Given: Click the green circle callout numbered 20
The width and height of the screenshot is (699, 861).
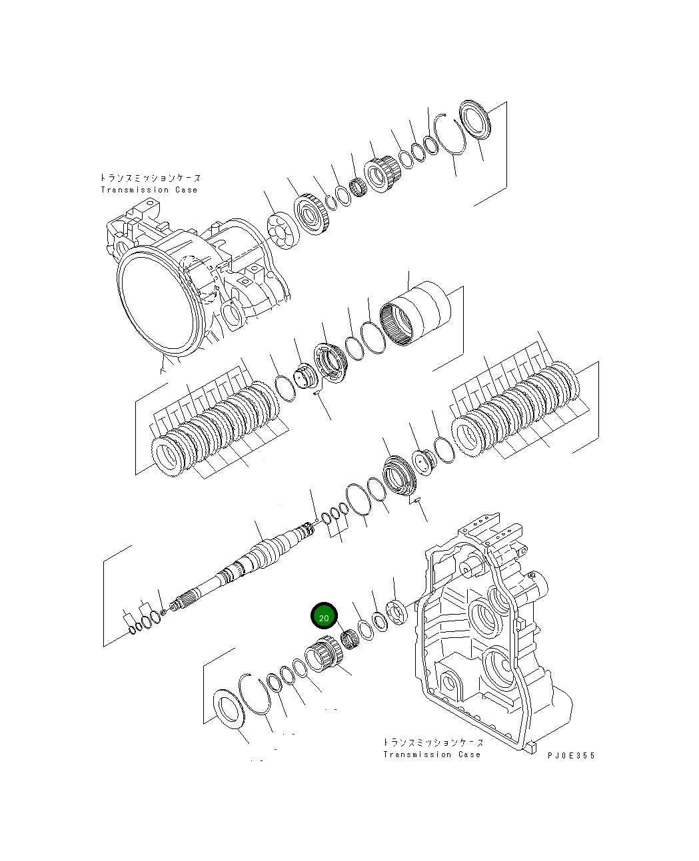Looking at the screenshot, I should [x=324, y=617].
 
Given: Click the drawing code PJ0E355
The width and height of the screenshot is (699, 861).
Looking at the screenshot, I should [x=571, y=755].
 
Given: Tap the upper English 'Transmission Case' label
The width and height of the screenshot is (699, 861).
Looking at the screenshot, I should [x=149, y=190].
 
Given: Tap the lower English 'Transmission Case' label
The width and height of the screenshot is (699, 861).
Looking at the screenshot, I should [x=431, y=754].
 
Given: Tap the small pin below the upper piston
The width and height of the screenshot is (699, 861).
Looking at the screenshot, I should [x=317, y=393].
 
